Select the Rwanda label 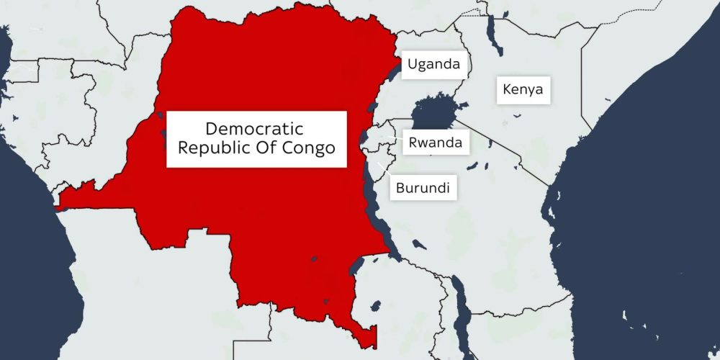click(435, 143)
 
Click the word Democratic click(254, 130)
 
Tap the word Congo click(310, 149)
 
